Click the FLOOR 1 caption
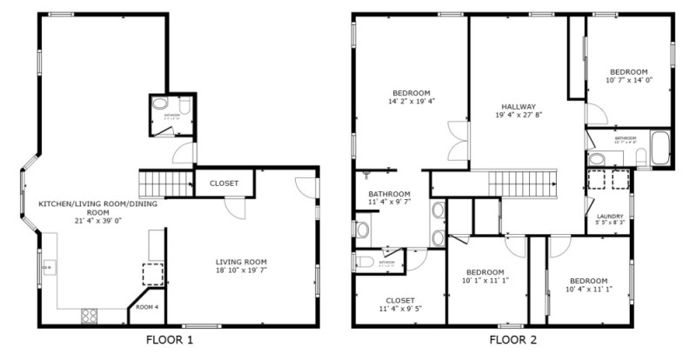[x=170, y=339]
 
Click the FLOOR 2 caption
[x=513, y=339]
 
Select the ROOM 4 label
[x=147, y=307]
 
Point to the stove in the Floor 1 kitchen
[x=90, y=316]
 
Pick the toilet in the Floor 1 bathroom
[x=160, y=103]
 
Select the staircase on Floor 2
[x=520, y=183]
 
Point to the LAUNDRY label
[x=609, y=216]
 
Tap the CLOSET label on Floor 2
[x=400, y=299]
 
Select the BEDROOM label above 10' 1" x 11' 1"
[x=485, y=271]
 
